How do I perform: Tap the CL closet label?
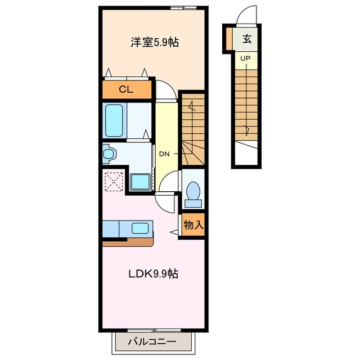point(127,90)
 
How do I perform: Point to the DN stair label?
point(164,154)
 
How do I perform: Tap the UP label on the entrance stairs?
point(246,58)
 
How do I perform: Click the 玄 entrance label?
point(247,39)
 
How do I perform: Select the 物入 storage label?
point(193,226)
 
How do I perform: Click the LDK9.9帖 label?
point(153,274)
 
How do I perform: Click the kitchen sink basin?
point(139,228)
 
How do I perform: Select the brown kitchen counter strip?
point(128,242)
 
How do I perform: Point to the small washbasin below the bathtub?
point(109,152)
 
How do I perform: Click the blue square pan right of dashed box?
point(139,182)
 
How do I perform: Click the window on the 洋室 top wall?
point(183,7)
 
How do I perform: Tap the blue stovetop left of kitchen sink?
point(111,228)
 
